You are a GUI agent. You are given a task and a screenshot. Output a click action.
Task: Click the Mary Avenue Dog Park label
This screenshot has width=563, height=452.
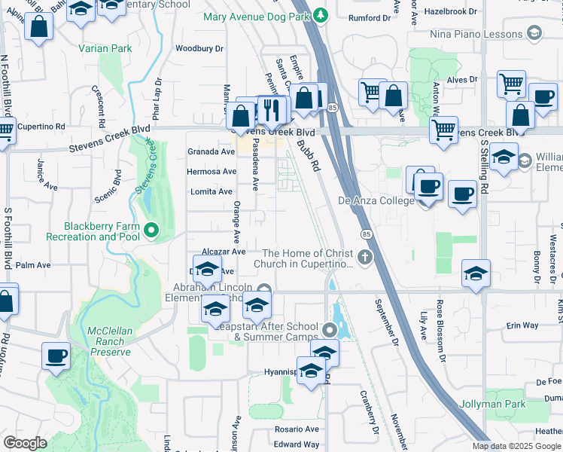click(259, 15)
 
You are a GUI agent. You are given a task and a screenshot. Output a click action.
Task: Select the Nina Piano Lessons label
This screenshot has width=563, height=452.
click(475, 34)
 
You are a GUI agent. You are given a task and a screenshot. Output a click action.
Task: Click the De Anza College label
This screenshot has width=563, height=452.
click(376, 200)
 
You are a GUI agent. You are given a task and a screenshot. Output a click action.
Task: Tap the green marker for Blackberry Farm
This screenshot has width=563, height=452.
click(151, 230)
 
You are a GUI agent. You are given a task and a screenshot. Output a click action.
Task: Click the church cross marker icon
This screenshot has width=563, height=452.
click(364, 258)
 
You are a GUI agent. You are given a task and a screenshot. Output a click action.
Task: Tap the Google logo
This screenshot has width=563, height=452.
click(25, 443)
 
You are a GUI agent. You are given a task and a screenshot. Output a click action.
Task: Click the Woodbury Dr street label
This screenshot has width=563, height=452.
click(199, 48)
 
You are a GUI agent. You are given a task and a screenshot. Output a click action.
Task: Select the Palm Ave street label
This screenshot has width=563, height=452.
click(32, 265)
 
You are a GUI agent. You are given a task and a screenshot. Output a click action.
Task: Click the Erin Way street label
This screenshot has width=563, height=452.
click(522, 325)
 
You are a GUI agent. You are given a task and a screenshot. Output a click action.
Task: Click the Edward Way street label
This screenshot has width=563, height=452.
click(297, 445)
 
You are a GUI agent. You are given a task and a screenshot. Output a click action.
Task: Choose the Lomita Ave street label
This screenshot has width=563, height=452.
click(211, 191)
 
